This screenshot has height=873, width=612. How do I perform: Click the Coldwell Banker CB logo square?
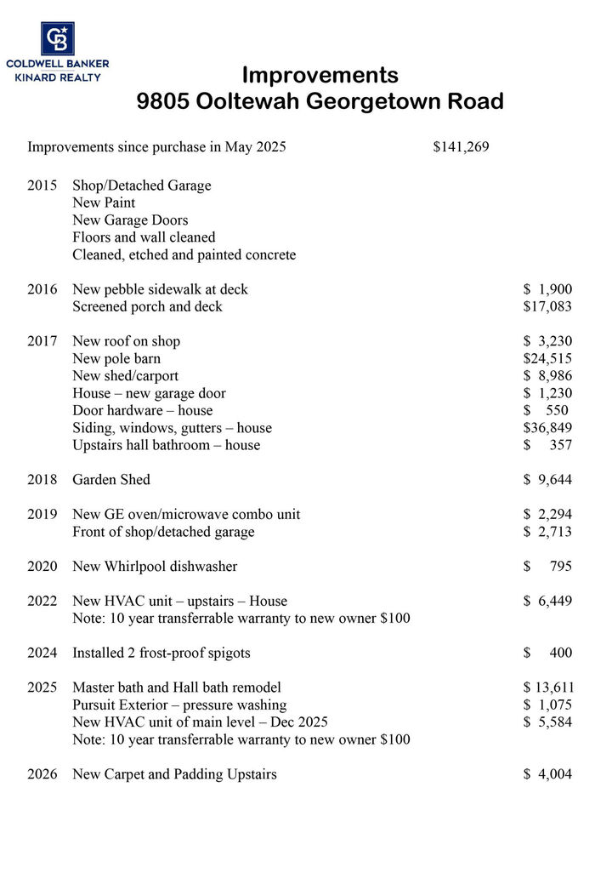click(58, 39)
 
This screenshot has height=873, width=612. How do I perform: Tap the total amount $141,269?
click(461, 147)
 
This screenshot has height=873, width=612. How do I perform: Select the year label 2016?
click(42, 289)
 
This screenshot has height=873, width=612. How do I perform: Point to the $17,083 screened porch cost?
click(547, 306)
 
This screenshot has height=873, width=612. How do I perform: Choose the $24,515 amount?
click(547, 358)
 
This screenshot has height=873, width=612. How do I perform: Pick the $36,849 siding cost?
click(547, 427)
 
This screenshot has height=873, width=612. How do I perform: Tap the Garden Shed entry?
click(111, 480)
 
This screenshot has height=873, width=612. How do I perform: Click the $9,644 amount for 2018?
click(547, 480)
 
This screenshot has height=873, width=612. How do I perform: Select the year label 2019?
click(42, 515)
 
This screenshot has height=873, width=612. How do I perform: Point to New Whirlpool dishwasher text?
click(155, 567)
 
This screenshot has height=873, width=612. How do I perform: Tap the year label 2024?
click(42, 653)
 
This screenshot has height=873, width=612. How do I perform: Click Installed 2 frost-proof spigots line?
click(161, 653)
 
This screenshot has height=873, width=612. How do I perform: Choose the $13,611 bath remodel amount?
click(547, 688)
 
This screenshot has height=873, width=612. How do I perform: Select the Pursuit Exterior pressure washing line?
click(179, 705)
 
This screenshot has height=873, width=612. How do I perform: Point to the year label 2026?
click(42, 774)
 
